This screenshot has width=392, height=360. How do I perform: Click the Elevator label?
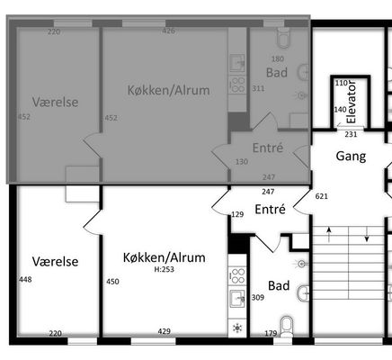(x=351, y=102)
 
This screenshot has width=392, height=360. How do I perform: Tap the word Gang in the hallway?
(x=351, y=157)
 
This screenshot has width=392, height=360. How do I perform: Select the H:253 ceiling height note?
(x=164, y=269)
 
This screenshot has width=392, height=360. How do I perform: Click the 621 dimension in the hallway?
(x=322, y=196)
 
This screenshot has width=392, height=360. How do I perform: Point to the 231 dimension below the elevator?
(x=351, y=134)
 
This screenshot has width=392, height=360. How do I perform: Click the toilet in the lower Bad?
(x=287, y=326)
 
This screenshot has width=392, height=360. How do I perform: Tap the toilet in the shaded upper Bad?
(x=284, y=38)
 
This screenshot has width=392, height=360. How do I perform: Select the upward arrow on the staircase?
(x=329, y=234)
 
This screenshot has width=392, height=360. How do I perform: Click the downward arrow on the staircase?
(x=367, y=234)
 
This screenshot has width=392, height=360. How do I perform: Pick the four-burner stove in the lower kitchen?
(x=237, y=276)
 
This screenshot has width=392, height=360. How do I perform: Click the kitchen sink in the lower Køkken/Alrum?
(x=237, y=298)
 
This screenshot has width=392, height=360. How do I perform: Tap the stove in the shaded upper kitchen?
(x=237, y=85)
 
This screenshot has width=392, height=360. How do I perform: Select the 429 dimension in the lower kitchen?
(x=165, y=331)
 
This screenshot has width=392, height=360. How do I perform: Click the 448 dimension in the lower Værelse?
(x=25, y=280)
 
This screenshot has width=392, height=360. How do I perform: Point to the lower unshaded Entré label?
(x=270, y=210)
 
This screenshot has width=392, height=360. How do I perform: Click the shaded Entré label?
(x=268, y=148)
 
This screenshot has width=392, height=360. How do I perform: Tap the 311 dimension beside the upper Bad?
(x=258, y=88)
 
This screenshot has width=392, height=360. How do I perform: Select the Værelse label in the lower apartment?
(x=56, y=262)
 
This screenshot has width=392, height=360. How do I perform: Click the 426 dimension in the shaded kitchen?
(x=168, y=31)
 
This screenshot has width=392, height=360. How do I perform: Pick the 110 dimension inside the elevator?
(x=341, y=83)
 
